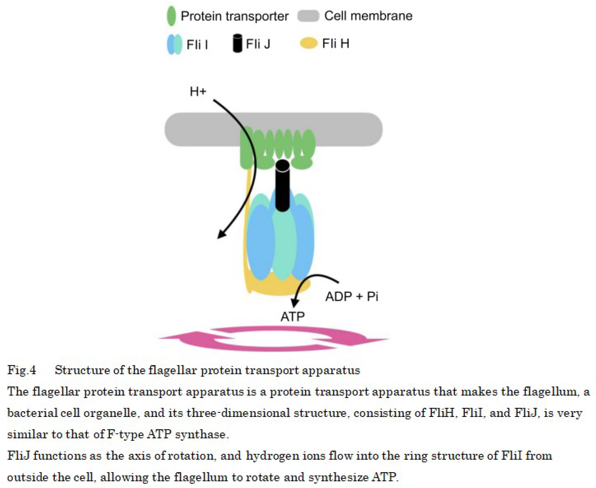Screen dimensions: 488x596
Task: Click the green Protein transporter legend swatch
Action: point(171,16)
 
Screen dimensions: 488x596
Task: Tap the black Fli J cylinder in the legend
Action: point(237,43)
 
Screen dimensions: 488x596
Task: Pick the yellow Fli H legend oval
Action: point(309,43)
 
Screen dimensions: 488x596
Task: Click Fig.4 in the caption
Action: point(22,370)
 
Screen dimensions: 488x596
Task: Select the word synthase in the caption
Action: point(201,434)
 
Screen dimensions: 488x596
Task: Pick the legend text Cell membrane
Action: point(368,16)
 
